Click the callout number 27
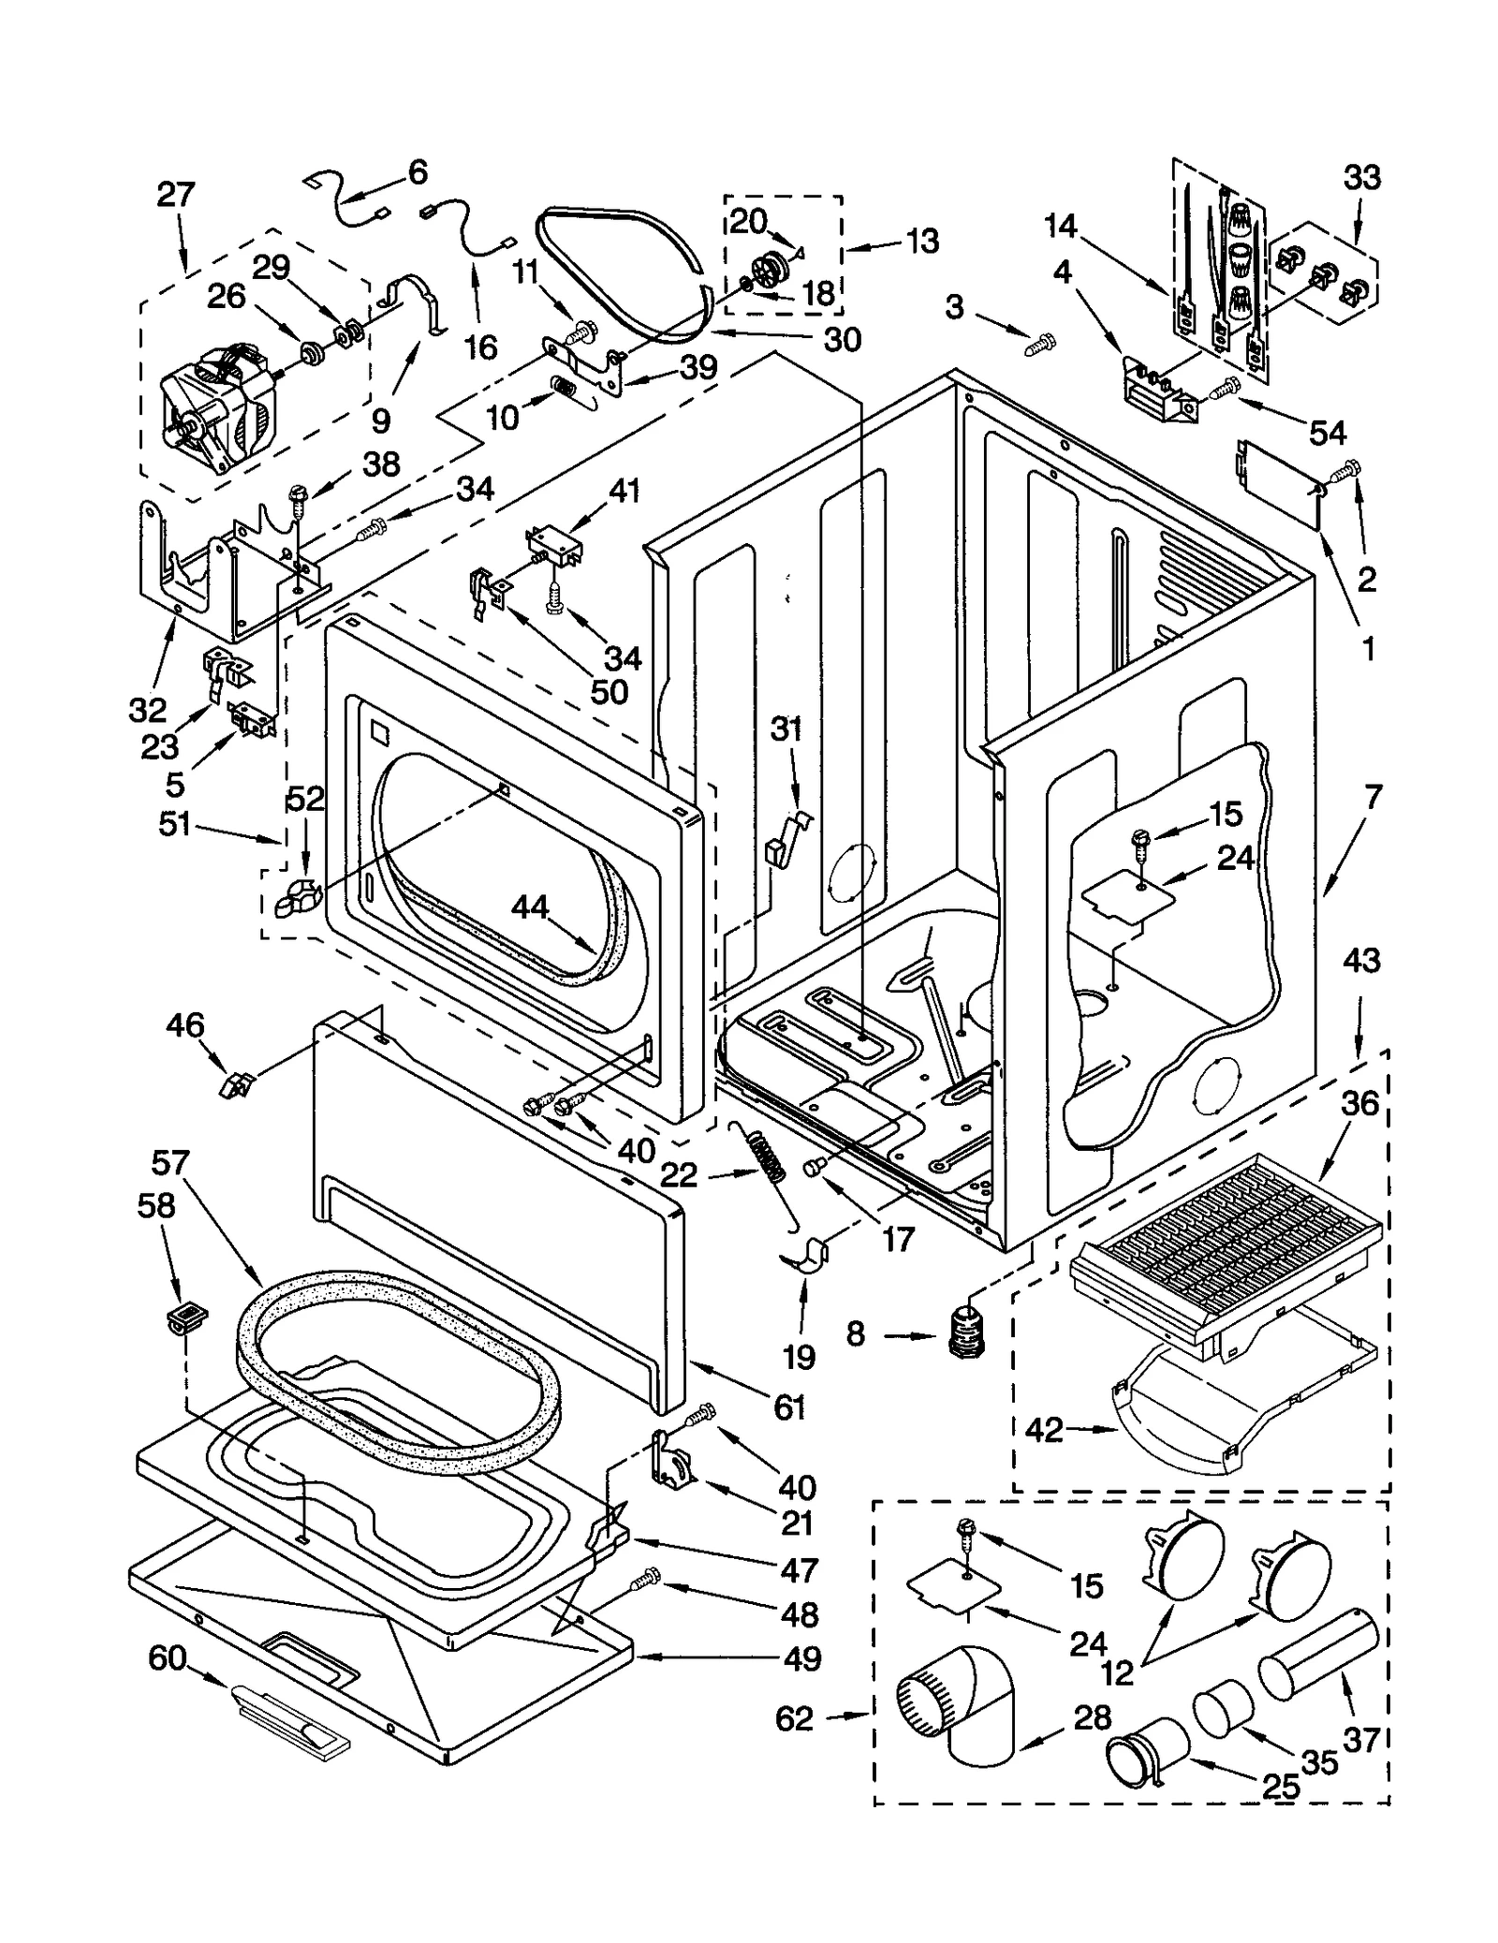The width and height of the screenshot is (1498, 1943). (x=176, y=195)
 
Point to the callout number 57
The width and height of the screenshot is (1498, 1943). (x=169, y=1163)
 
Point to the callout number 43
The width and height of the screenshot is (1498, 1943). (x=1361, y=961)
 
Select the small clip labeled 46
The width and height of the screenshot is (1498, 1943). (x=235, y=1086)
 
